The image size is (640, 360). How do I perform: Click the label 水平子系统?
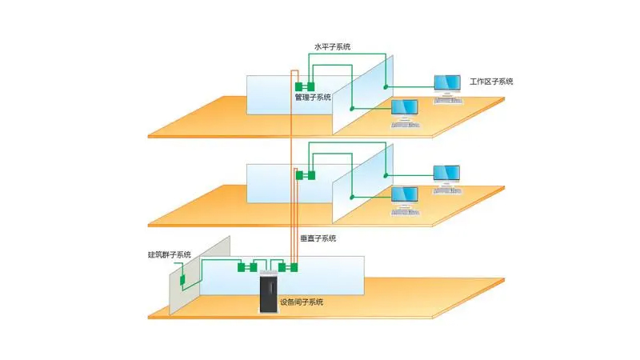click(x=333, y=46)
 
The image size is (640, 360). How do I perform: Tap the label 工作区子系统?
click(x=491, y=82)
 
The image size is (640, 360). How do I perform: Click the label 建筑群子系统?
click(x=170, y=255)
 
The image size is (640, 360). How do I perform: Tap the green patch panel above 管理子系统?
click(x=305, y=86)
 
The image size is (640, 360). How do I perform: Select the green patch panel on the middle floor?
click(x=305, y=175)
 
